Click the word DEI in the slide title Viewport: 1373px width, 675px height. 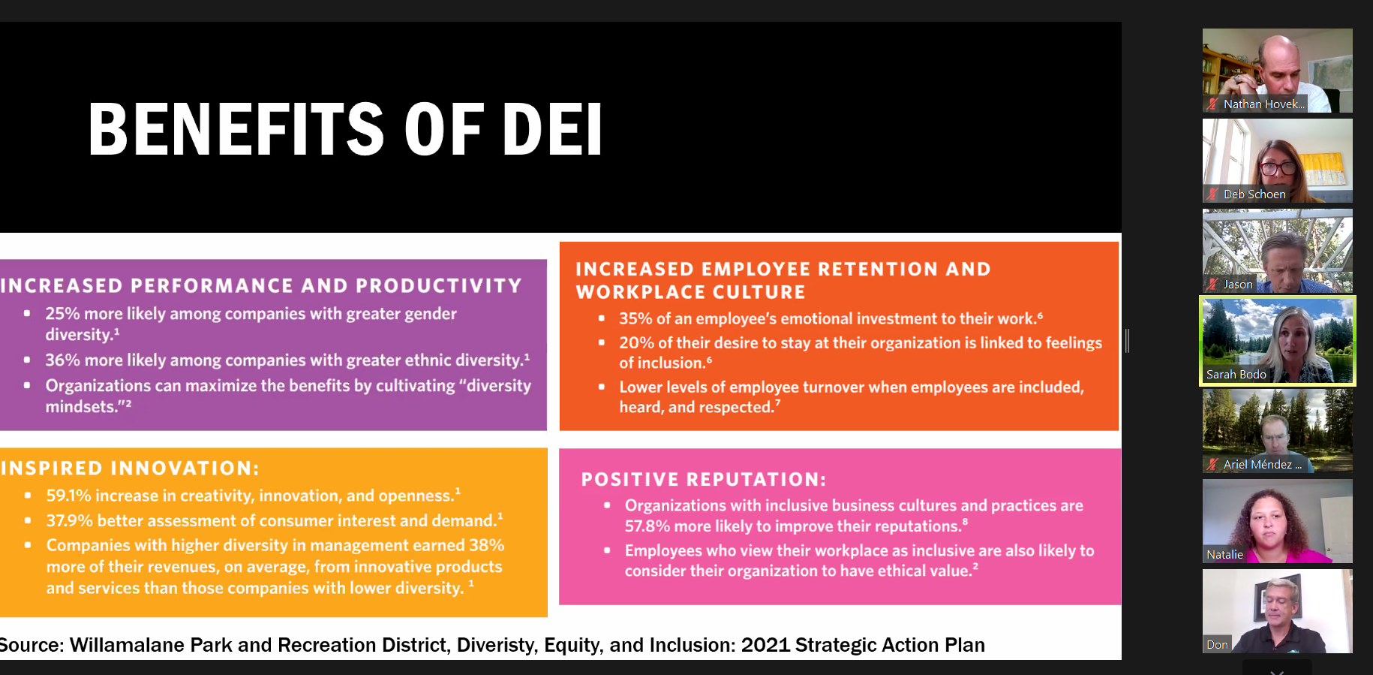[552, 129]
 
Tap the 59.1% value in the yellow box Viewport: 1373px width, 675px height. [68, 496]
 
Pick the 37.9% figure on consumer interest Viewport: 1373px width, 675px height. [69, 520]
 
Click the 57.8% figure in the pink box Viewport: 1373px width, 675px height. [647, 526]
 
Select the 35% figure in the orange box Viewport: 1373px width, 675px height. [635, 319]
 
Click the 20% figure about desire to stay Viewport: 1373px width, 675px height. [636, 343]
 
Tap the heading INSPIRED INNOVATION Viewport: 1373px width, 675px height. [130, 469]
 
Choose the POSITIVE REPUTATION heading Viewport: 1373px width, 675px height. [704, 479]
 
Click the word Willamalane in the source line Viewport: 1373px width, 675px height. [128, 645]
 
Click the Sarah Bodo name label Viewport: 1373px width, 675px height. [1236, 375]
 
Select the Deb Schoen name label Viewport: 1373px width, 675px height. [1254, 194]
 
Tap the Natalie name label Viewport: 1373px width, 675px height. [1224, 555]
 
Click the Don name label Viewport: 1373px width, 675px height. [1217, 645]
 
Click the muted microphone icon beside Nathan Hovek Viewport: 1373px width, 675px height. [1212, 104]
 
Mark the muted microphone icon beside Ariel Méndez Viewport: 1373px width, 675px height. [1212, 465]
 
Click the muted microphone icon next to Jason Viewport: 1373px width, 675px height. [1212, 285]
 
